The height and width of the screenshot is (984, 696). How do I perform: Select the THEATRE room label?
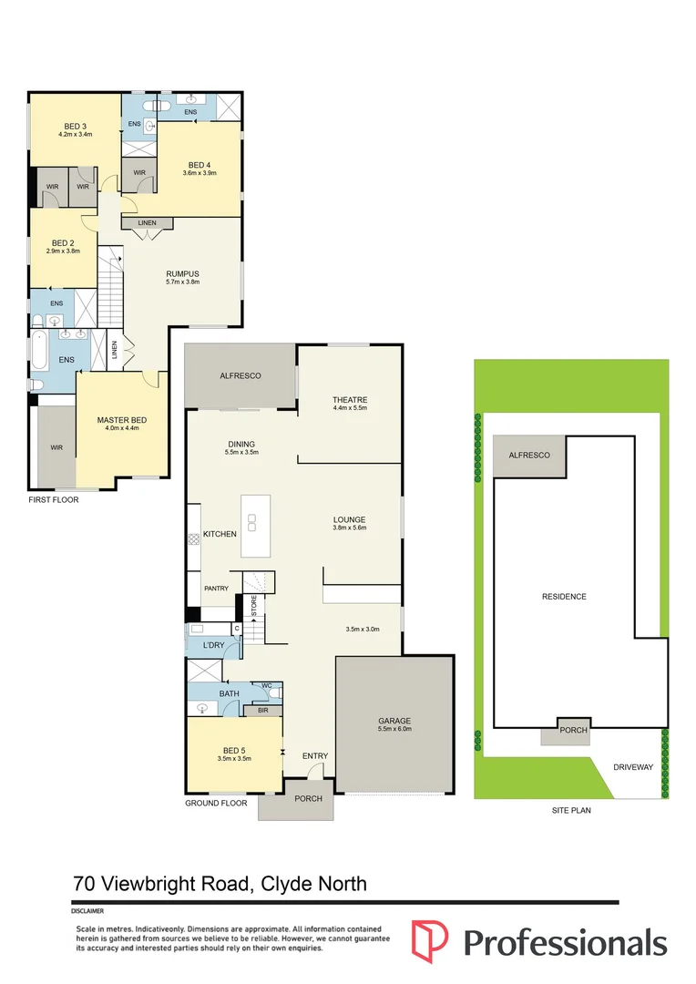349,400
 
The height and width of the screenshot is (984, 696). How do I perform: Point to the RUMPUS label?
182,273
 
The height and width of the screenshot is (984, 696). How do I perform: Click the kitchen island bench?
255,526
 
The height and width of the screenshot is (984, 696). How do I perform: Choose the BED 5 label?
234,749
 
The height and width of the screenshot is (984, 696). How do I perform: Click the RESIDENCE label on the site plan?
564,597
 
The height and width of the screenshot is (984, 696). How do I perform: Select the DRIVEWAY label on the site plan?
634,767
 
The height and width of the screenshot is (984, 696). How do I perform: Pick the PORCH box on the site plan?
574,731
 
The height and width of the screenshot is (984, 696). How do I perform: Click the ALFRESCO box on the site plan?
529,455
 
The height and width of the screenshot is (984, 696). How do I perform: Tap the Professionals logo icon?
431,938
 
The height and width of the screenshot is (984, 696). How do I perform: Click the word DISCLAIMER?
87,911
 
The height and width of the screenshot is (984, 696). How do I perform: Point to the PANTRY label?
216,589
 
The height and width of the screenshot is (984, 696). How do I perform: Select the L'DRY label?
213,645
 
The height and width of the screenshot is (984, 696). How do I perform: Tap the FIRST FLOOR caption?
54,500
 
